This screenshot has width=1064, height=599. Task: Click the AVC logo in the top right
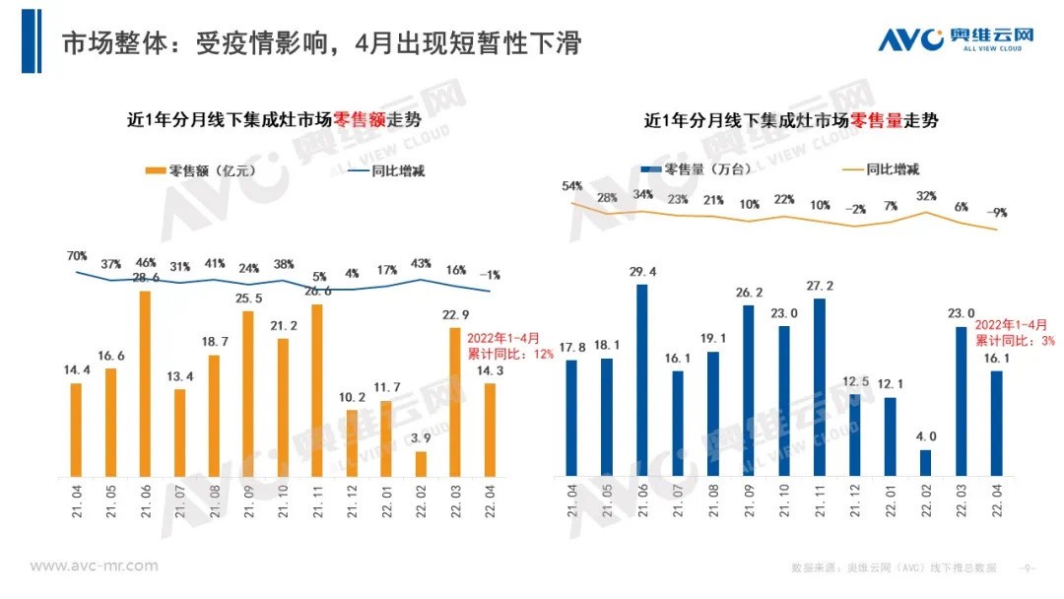click(956, 40)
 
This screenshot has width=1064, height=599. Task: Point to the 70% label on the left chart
click(75, 257)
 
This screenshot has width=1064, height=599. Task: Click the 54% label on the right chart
click(571, 186)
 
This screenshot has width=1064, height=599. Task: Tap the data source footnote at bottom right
click(894, 568)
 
